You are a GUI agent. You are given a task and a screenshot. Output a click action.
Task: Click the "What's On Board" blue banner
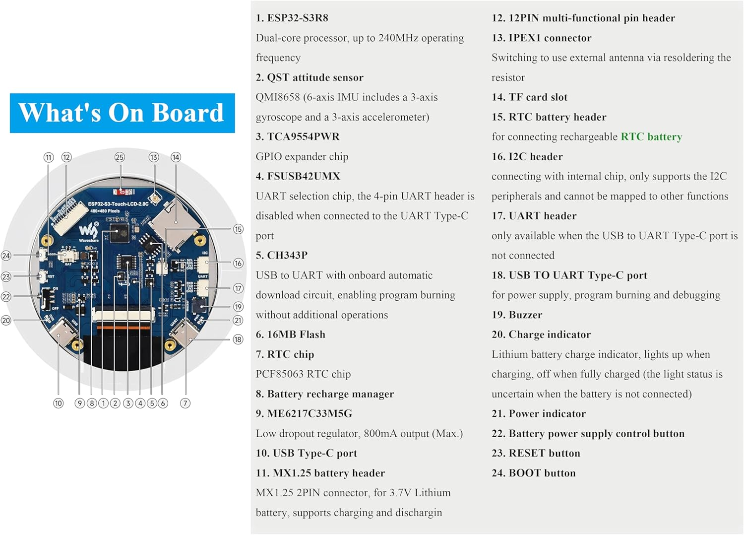[122, 113]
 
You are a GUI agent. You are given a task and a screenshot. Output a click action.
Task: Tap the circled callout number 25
[120, 157]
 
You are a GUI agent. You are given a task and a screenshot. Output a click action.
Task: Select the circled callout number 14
[176, 157]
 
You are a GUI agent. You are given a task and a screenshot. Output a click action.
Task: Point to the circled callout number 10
[59, 403]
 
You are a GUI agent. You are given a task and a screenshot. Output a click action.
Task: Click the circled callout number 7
[185, 403]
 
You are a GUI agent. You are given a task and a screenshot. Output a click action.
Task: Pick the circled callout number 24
[6, 256]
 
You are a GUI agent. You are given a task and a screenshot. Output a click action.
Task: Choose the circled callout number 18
[238, 339]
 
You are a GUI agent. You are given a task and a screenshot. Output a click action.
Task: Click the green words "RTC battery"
[651, 136]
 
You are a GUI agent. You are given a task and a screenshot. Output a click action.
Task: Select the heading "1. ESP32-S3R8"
[292, 18]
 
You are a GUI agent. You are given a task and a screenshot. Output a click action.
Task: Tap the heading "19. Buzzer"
[517, 315]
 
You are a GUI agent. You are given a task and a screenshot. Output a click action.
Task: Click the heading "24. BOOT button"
[534, 473]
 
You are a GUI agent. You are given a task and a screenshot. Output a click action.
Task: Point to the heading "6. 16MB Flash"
[291, 334]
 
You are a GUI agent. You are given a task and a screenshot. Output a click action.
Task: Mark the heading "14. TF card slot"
[529, 97]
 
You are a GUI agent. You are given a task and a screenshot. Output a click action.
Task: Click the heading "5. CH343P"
[282, 255]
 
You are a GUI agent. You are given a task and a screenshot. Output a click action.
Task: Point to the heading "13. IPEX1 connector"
[541, 38]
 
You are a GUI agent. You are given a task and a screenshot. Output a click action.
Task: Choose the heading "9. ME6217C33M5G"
[304, 413]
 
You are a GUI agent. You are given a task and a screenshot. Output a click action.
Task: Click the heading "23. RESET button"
[536, 453]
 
